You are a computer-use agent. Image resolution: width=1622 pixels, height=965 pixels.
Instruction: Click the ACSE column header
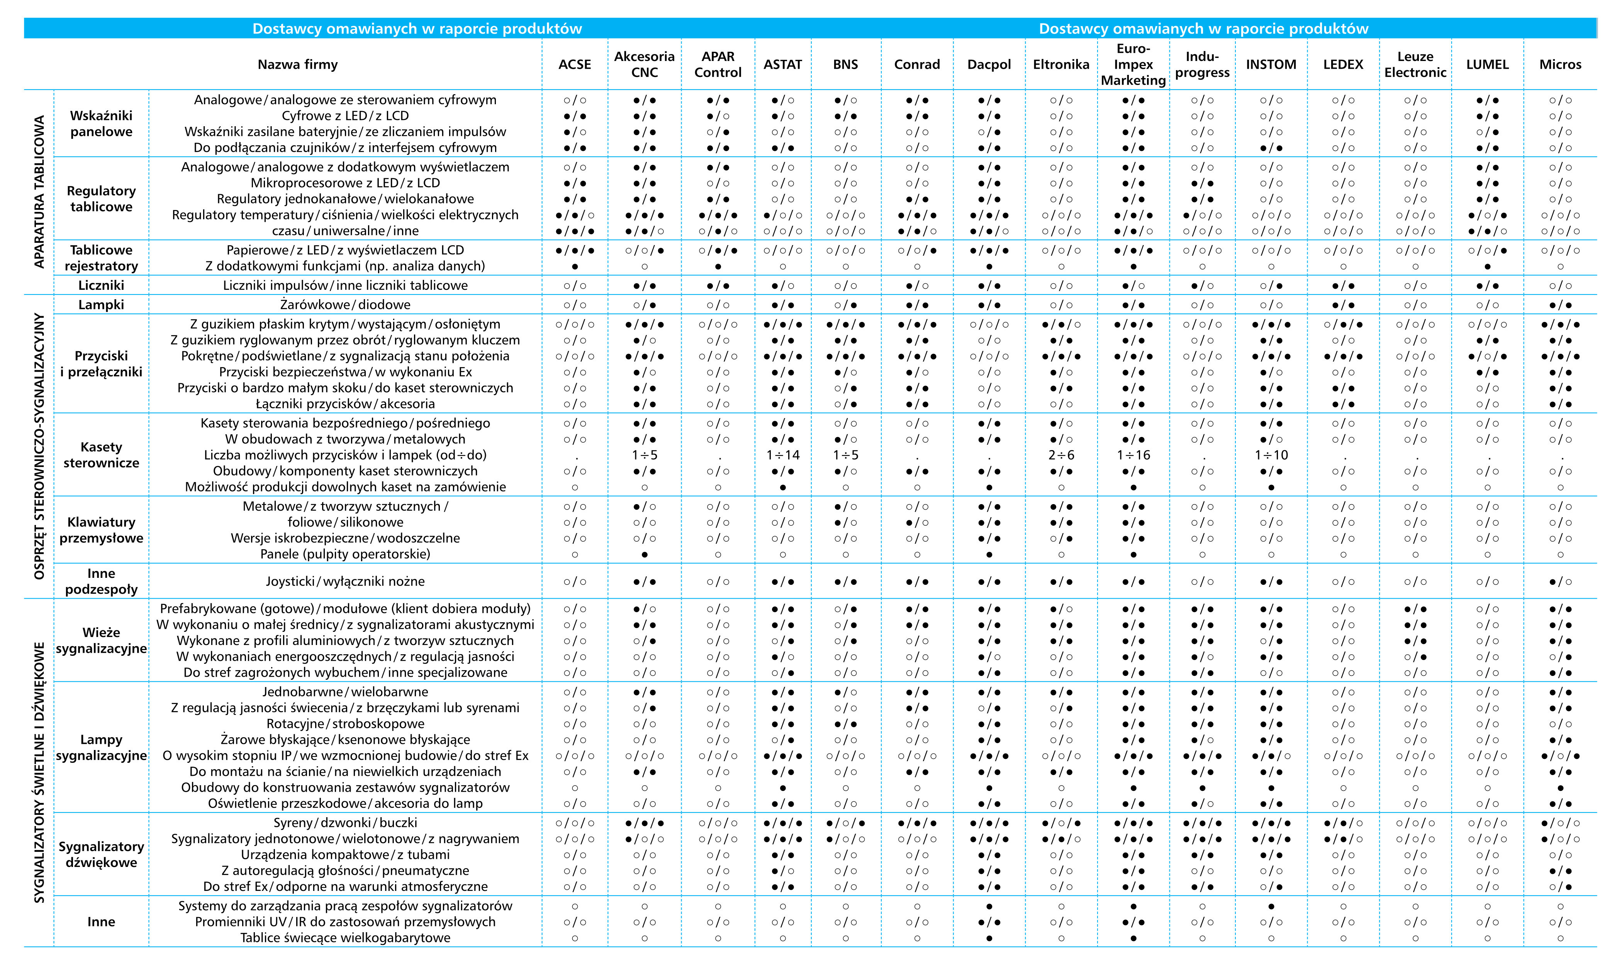(575, 64)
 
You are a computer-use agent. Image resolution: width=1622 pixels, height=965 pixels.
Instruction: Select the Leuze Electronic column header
(1415, 64)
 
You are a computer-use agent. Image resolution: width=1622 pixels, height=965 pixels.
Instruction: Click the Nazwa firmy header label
(297, 64)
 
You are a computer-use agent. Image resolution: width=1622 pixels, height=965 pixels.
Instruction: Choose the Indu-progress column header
(1202, 64)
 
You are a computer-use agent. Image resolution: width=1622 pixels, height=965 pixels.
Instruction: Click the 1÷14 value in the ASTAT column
(783, 455)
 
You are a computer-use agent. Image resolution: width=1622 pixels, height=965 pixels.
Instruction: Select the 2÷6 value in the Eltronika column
(1061, 455)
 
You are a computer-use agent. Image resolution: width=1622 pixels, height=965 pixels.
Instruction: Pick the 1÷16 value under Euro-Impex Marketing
(1133, 455)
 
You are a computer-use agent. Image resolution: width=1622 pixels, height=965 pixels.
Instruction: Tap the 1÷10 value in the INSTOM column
(1271, 455)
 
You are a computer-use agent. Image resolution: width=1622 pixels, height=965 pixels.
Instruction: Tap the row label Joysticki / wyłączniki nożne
(345, 581)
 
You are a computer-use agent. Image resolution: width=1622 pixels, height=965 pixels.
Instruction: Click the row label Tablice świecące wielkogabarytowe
(345, 938)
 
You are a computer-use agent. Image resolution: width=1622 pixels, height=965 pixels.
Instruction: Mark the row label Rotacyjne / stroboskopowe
(345, 724)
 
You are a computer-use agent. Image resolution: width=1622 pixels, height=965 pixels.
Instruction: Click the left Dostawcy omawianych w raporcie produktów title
(417, 29)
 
